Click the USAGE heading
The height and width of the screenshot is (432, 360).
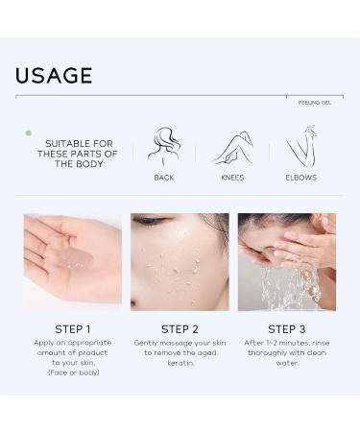click(x=54, y=75)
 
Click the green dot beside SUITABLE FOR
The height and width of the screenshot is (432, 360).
click(x=29, y=132)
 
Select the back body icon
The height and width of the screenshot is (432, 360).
click(x=164, y=146)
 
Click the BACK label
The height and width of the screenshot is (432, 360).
click(x=164, y=178)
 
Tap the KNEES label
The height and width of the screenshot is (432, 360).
click(x=231, y=178)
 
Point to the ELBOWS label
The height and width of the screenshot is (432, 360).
click(x=300, y=178)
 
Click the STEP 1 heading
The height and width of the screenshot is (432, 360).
click(x=72, y=328)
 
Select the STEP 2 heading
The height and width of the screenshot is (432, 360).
click(x=180, y=328)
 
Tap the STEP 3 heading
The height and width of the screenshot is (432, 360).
click(x=287, y=328)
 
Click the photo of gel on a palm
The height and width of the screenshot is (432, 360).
click(x=72, y=261)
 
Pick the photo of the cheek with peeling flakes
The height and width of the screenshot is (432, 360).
click(x=180, y=261)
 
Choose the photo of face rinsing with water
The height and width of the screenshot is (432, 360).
click(x=287, y=261)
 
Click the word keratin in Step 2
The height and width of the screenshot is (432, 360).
click(x=180, y=363)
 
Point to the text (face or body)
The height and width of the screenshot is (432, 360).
click(x=72, y=372)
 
